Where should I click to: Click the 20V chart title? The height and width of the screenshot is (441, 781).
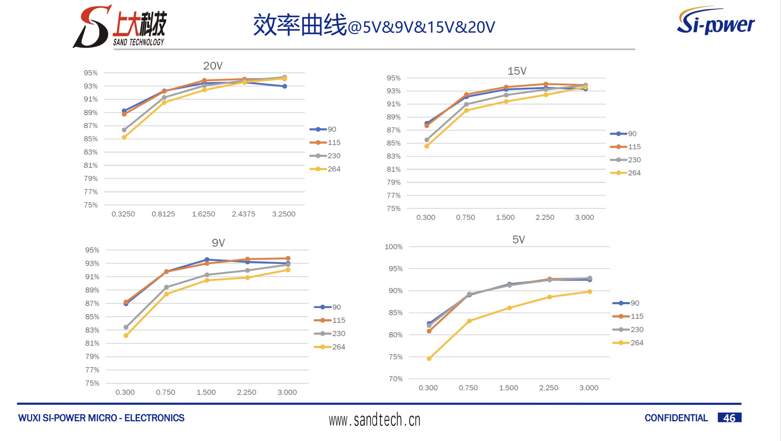(213, 66)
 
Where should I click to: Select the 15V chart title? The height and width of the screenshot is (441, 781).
(516, 71)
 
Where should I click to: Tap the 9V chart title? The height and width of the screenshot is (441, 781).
(218, 243)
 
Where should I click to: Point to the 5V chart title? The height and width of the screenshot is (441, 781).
(518, 240)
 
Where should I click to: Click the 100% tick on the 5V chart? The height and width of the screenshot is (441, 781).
(393, 247)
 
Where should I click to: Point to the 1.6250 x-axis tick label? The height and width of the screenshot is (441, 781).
(203, 214)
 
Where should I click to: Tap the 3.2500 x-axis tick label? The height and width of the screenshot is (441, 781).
(284, 214)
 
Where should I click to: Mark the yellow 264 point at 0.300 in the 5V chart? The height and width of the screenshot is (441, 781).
(429, 359)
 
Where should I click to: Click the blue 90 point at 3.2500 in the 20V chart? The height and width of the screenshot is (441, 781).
(285, 86)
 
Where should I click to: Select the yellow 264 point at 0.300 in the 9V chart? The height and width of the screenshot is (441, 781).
(126, 336)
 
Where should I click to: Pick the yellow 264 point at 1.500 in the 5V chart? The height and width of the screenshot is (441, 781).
(509, 308)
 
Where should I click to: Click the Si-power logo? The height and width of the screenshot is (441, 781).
(716, 21)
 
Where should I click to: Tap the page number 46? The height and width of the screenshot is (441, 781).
(729, 418)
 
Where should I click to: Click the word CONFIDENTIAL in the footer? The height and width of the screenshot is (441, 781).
(676, 418)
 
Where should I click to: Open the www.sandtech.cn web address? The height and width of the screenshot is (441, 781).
(374, 420)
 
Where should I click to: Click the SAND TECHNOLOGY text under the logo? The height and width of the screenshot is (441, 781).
(139, 42)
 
